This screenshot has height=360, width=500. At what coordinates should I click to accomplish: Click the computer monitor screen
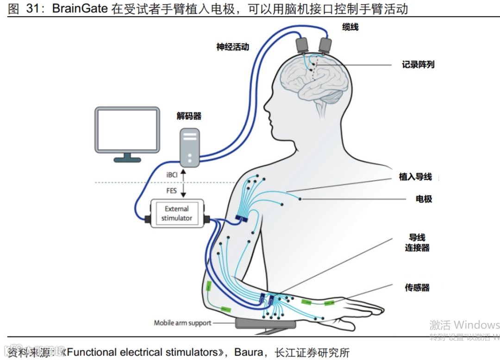[127, 129]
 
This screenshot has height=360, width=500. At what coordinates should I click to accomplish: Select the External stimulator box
[177, 213]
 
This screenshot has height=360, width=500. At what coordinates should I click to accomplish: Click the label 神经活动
[232, 47]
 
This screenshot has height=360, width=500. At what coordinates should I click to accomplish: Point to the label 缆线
[350, 27]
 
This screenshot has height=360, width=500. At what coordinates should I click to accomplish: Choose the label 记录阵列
[418, 65]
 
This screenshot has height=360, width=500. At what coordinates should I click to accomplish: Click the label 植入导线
[415, 177]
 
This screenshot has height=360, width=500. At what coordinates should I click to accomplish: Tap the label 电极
[424, 199]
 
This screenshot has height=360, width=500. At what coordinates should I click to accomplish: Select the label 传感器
[417, 288]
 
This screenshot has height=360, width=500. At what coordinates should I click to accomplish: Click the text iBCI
[172, 175]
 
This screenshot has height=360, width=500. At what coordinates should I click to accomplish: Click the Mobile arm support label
[182, 323]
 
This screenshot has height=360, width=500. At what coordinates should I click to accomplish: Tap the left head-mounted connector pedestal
[304, 45]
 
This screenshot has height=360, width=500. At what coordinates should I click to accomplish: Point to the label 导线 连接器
[417, 242]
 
